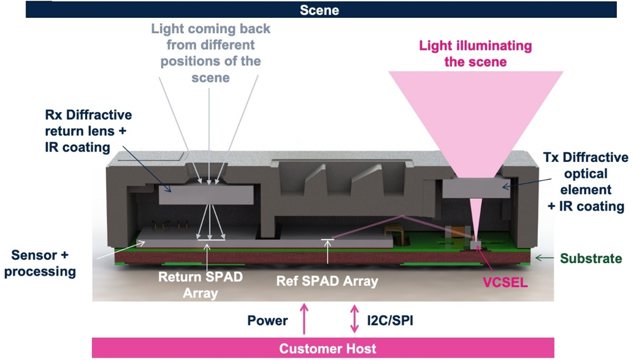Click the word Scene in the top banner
coord(319,10)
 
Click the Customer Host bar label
coord(327,349)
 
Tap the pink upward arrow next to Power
coord(304,319)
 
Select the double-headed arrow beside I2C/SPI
coord(354,319)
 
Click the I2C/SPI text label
coord(390,321)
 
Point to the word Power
coord(267,321)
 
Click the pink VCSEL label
coord(505,282)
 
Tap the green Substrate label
coord(590,258)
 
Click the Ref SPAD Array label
coord(327,281)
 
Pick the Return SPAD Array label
coord(201,285)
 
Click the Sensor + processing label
coord(40,263)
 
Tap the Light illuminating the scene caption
coord(476,54)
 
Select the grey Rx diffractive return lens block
coord(206,194)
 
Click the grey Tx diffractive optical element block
coord(476,188)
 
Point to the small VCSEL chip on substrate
coord(476,245)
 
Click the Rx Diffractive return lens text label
coord(88,131)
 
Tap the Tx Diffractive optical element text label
coord(586,182)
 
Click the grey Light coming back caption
coord(211,53)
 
